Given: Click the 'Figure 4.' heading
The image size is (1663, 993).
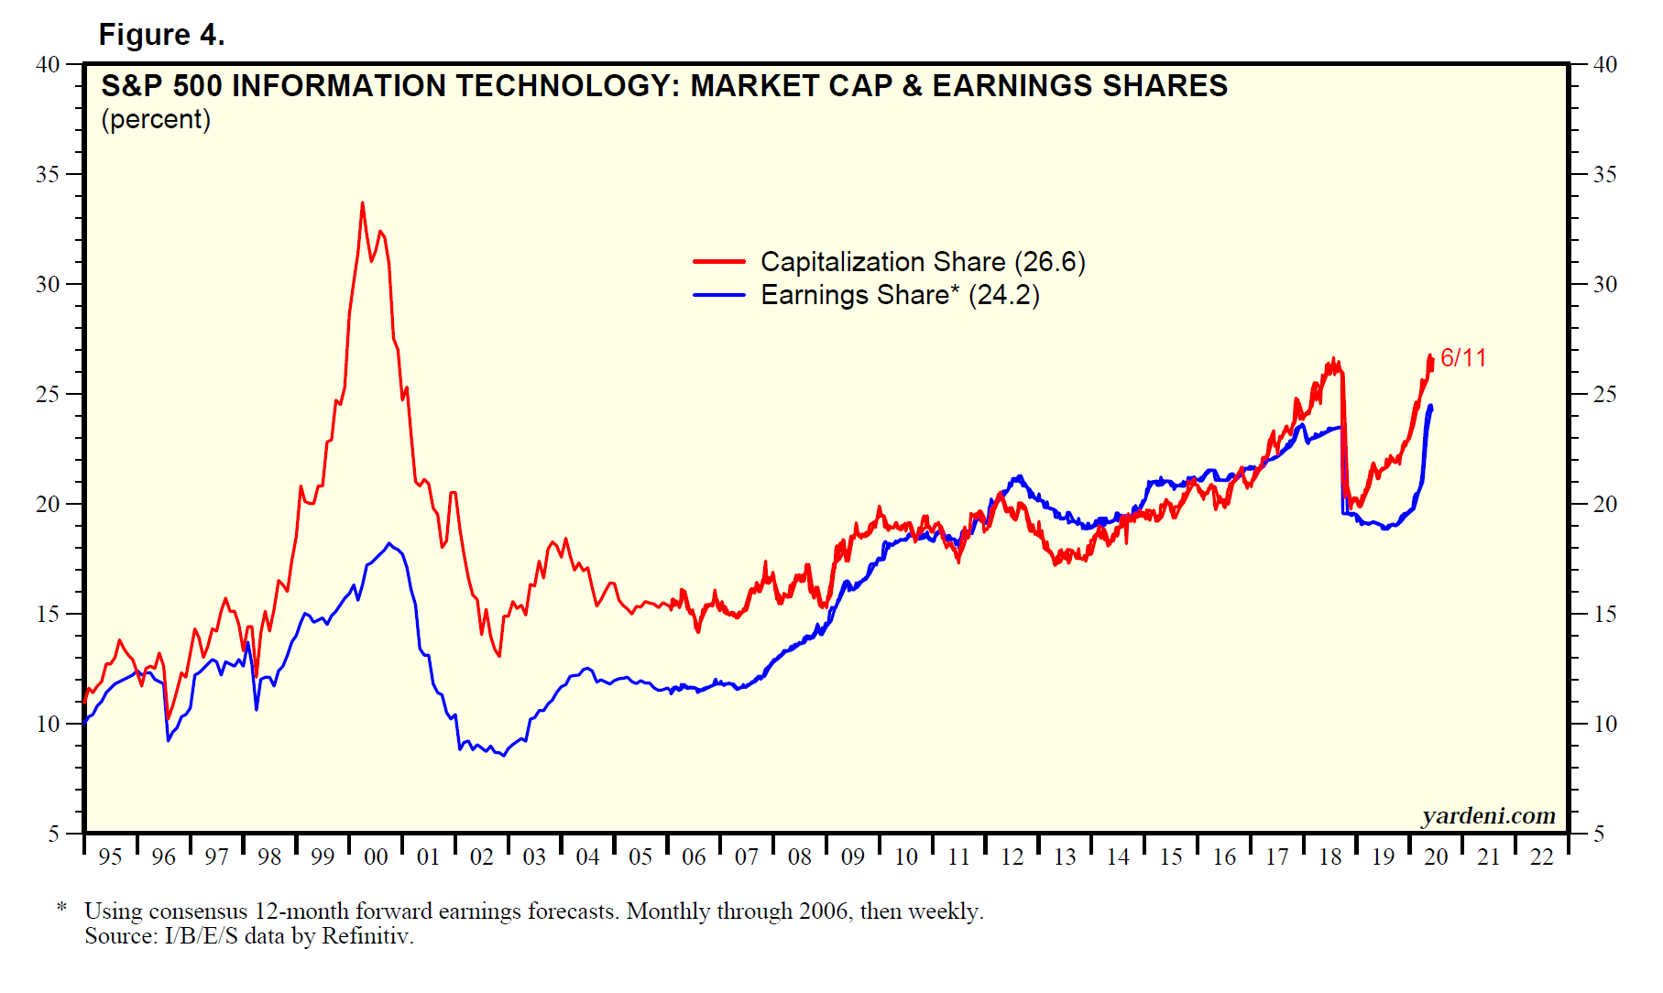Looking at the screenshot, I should (x=161, y=35).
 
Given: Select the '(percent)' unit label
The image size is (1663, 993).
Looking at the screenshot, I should (x=156, y=120).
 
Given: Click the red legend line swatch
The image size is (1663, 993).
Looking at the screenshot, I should (x=719, y=262).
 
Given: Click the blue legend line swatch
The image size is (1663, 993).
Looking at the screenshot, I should (x=719, y=295).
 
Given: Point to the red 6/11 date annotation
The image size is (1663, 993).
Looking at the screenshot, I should (x=1463, y=358).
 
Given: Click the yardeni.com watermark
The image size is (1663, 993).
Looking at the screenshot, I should (x=1488, y=815).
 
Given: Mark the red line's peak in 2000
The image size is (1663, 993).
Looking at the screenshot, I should (x=362, y=203).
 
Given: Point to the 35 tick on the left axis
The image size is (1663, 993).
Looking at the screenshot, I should (x=48, y=174).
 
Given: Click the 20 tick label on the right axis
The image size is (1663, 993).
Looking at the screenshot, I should (x=1604, y=504).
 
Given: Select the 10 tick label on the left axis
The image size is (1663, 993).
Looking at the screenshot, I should (x=48, y=724).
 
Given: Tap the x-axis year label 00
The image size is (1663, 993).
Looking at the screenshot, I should (x=376, y=857).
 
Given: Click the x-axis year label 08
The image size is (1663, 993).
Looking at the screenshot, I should (x=800, y=857).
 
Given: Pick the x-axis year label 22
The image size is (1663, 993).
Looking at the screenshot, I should (x=1542, y=857).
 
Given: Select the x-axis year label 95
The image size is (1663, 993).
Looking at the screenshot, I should (x=110, y=857).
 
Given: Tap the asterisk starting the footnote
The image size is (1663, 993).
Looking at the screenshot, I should (x=61, y=908).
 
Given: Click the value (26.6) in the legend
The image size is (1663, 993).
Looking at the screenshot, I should (x=1049, y=262).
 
